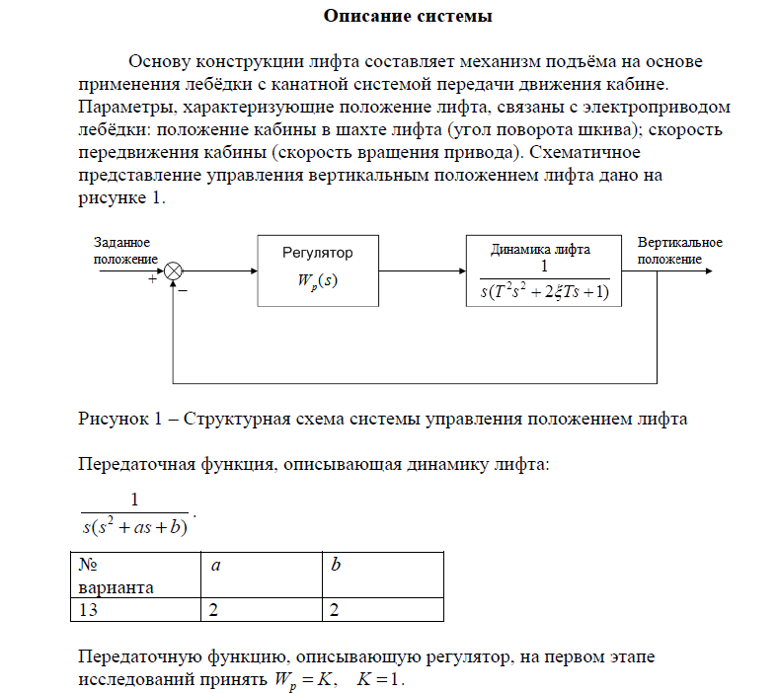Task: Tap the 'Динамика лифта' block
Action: pos(543,270)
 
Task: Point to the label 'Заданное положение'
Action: pos(122,251)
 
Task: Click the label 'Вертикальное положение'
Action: pos(679,251)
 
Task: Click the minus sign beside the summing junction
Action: pos(185,291)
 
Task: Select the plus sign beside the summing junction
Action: pos(152,280)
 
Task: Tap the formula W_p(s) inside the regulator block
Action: pos(317,280)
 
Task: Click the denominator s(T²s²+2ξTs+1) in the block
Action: pos(544,291)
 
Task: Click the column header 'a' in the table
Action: pos(214,566)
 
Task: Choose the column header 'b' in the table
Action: pos(336,566)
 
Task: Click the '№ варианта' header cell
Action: pos(116,576)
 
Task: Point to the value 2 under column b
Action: pos(335,610)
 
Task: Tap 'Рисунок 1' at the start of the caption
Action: pos(116,418)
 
